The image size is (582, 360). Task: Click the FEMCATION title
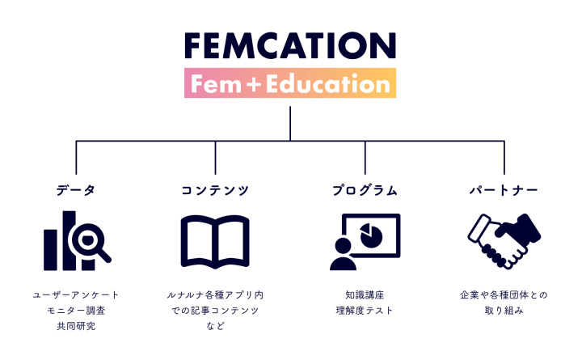click(290, 45)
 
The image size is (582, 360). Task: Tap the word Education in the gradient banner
click(328, 84)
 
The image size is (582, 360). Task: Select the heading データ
click(76, 190)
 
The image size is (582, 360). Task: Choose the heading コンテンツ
click(215, 190)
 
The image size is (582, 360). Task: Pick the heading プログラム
click(365, 190)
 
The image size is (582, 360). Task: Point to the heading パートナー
click(504, 190)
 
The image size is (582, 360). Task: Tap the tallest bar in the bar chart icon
click(69, 241)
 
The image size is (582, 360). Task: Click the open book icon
click(215, 241)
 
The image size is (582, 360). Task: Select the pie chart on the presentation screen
click(371, 235)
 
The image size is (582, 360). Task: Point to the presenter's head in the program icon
click(343, 246)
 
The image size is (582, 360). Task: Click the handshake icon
click(504, 241)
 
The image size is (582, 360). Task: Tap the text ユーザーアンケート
click(76, 295)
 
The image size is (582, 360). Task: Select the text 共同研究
click(76, 326)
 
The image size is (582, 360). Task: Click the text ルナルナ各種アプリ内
click(215, 295)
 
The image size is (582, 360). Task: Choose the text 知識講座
click(365, 295)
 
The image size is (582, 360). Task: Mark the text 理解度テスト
click(365, 310)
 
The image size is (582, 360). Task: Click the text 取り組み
click(504, 310)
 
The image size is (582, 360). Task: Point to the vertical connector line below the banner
click(290, 124)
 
